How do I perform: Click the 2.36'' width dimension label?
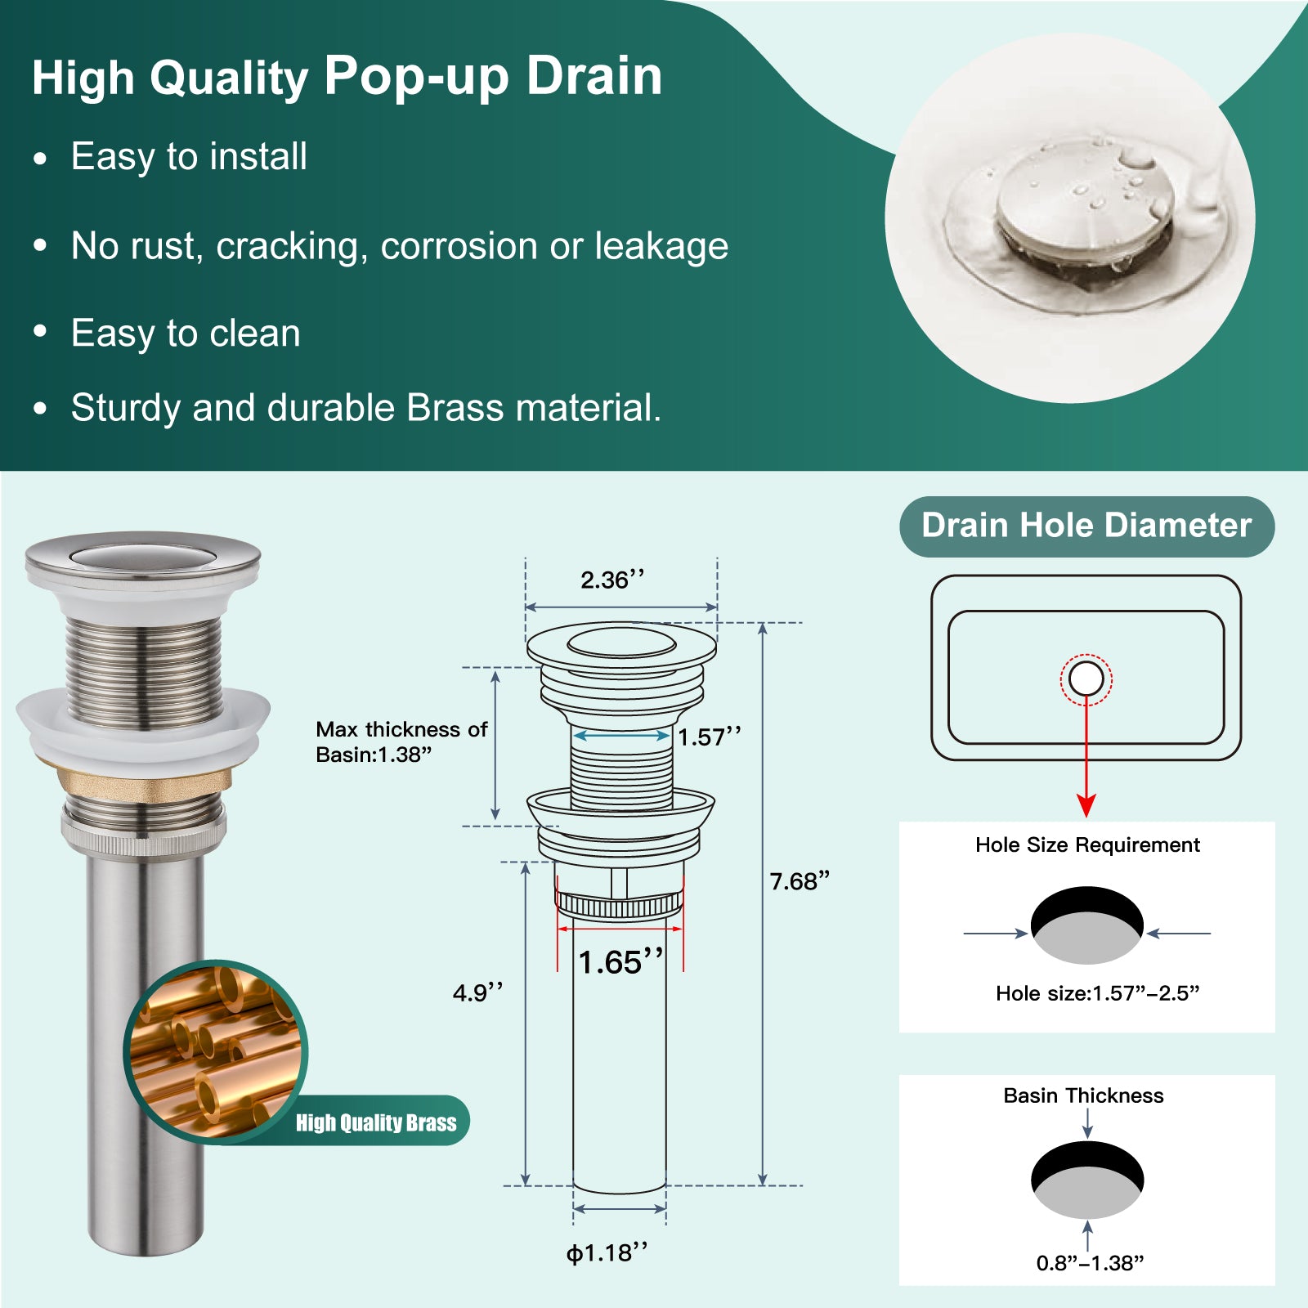612,580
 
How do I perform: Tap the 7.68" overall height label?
800,881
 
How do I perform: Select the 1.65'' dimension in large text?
620,961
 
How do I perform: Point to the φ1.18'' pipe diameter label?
607,1253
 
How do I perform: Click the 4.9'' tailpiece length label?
478,993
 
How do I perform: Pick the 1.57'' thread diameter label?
710,737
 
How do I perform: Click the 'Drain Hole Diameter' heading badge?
1086,526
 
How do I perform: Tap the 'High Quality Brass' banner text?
376,1122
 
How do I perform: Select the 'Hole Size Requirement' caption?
1087,844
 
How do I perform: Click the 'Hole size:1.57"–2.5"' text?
1097,993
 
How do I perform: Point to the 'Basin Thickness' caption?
1083,1095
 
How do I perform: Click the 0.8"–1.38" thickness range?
1090,1263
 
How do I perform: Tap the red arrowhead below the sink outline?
1086,805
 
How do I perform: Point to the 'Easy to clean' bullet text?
186,334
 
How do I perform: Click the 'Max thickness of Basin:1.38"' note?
401,741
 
